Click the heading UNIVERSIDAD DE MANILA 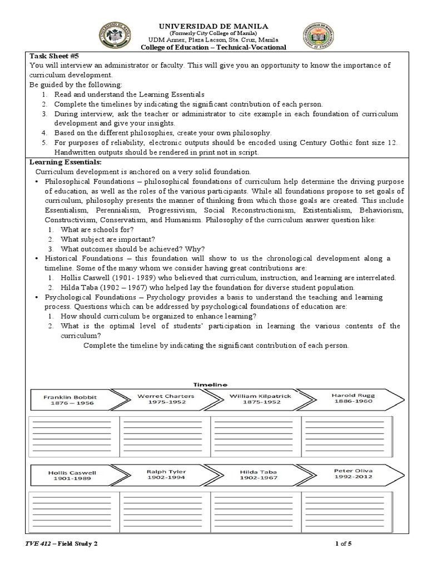tap(214, 26)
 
